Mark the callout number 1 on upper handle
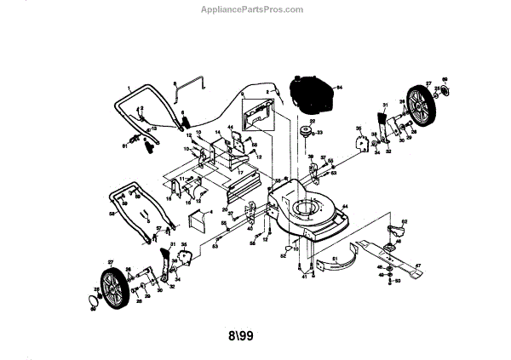point(129,89)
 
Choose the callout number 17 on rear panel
point(240,176)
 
